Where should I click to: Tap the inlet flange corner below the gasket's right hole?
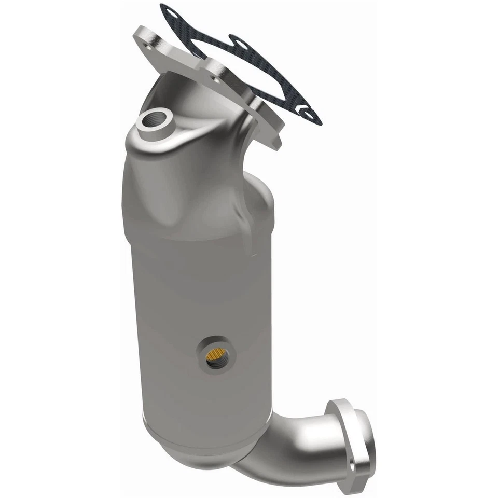click(275, 137)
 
